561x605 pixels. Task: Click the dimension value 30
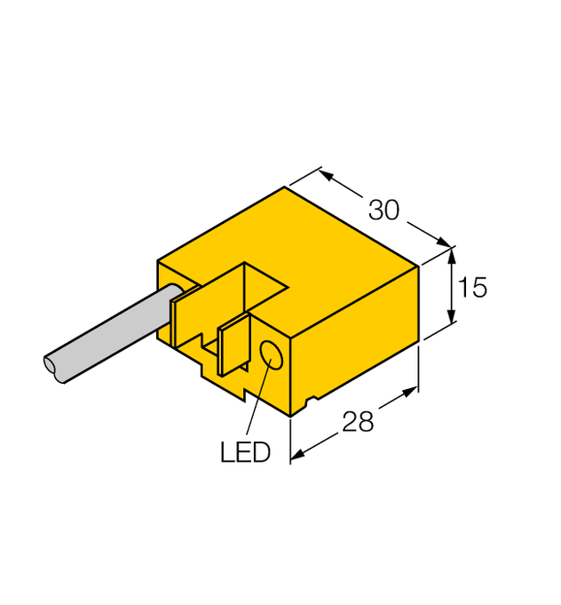coord(383,211)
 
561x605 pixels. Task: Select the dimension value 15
coord(474,288)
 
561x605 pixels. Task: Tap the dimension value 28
coord(358,421)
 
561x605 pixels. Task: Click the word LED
coord(245,452)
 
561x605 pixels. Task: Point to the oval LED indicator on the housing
coord(273,357)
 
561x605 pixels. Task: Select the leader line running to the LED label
coord(256,403)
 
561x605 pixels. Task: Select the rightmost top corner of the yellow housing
coord(418,266)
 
